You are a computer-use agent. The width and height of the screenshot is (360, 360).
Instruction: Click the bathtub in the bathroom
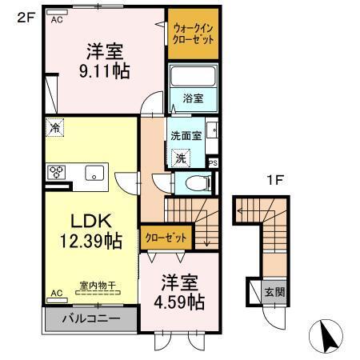click(193, 79)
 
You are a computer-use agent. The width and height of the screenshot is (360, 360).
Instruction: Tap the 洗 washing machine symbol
click(182, 158)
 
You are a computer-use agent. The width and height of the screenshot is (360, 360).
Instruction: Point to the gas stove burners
click(57, 171)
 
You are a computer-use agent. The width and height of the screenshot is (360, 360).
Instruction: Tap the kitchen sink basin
click(94, 172)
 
